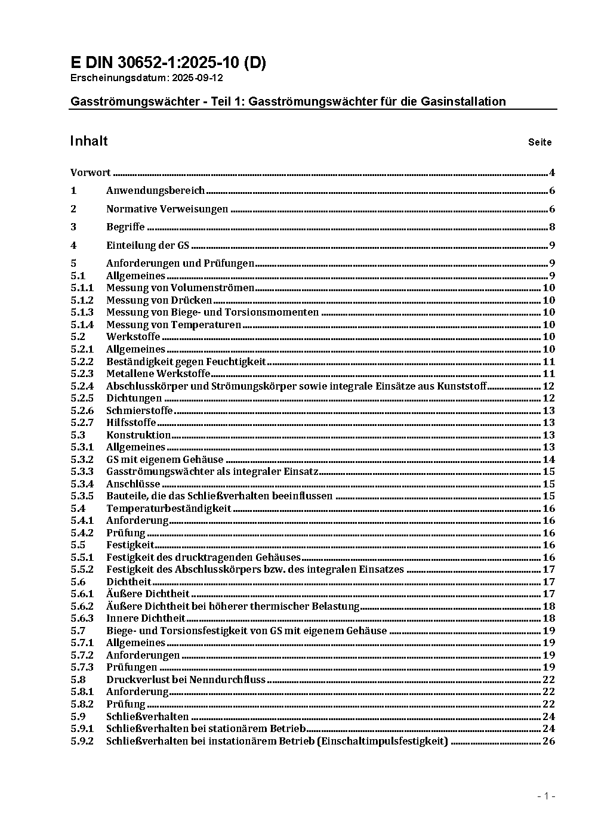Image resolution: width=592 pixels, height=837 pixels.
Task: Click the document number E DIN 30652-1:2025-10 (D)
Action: tap(168, 63)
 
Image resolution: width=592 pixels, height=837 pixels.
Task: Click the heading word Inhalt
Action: tap(88, 141)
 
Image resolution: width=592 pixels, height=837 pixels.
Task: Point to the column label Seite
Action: tap(539, 142)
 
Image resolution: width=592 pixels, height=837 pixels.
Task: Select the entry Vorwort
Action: tap(90, 173)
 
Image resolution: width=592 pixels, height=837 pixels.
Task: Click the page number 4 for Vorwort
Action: tap(552, 173)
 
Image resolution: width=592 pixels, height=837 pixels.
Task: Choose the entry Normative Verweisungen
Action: tap(167, 209)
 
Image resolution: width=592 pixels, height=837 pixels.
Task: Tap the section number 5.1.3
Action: tap(82, 312)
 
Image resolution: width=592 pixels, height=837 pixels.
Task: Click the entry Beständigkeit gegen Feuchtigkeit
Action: tap(186, 362)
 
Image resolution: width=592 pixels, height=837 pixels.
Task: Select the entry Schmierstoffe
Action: tap(139, 410)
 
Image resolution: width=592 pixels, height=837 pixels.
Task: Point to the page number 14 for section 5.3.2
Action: tap(548, 459)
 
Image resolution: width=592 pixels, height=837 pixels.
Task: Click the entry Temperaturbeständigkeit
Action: tap(168, 508)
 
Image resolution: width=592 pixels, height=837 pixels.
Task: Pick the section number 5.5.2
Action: tap(82, 569)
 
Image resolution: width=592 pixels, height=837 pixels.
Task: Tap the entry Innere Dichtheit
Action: tap(146, 618)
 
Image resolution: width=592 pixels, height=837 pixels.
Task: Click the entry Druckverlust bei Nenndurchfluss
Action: tap(186, 680)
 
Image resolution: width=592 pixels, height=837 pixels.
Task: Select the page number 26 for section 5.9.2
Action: tap(548, 741)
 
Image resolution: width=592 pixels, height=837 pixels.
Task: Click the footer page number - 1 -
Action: tap(546, 796)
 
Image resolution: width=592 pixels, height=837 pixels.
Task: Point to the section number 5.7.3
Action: tap(82, 667)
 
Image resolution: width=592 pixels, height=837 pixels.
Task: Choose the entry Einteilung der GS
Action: tap(147, 245)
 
